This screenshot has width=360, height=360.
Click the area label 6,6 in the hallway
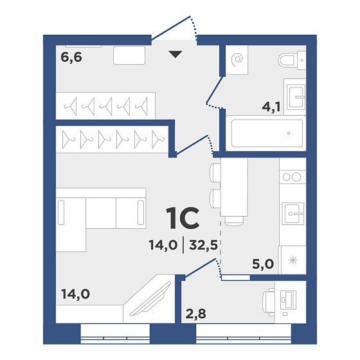(71, 57)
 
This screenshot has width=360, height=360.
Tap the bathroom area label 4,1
(271, 107)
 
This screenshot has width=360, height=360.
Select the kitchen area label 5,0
(263, 264)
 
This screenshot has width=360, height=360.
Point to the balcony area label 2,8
(195, 314)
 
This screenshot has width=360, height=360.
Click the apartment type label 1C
(183, 218)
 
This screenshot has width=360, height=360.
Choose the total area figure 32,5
(203, 245)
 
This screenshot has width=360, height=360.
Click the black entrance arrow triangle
(175, 55)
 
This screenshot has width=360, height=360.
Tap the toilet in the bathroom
(292, 60)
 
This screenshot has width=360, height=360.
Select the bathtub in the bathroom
(266, 133)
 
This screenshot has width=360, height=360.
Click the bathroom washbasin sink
(296, 96)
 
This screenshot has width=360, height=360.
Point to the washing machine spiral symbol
(238, 59)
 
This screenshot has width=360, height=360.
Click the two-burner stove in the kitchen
(292, 177)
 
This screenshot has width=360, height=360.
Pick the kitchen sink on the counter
(292, 213)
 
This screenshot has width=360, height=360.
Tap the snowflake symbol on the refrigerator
(292, 260)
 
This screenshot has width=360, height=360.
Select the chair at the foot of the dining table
(234, 221)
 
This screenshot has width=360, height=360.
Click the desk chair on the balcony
(269, 301)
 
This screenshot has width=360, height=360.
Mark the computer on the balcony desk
(289, 300)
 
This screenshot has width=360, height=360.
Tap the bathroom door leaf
(215, 89)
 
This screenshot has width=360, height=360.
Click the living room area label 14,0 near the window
(76, 294)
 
